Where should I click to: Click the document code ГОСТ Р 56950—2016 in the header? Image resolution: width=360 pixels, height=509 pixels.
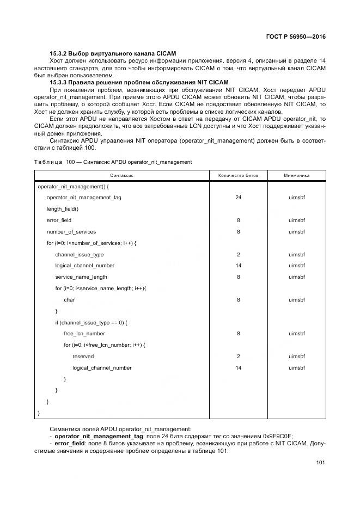coord(292,37)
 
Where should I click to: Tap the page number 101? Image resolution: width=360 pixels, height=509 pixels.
coord(320,463)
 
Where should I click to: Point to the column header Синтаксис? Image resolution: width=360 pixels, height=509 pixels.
coord(122,176)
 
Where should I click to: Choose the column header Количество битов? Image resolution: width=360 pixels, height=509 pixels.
coord(238,176)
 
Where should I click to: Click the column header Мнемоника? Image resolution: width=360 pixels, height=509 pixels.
coord(296,176)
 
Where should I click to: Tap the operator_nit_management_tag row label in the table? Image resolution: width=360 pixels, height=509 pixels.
coord(84,197)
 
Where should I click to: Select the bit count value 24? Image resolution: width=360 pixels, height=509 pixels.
coord(238,197)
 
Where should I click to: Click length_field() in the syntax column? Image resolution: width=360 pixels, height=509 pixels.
coord(63,208)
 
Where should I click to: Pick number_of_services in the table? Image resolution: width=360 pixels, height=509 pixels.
coord(71,231)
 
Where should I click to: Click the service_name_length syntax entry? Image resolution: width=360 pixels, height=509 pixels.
coord(81,277)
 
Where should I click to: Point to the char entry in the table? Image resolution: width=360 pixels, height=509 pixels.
coord(69,299)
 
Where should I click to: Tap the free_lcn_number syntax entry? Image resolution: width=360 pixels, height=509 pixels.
coord(84,334)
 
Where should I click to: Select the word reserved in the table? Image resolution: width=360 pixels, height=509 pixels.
coord(83,357)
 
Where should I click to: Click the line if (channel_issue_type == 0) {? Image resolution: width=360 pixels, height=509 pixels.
coord(91,322)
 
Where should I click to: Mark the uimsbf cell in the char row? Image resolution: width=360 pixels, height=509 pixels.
coord(296,299)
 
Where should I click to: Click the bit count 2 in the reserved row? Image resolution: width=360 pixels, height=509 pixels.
coord(238,357)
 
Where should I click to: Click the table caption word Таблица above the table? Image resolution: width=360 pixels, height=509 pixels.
coord(48,162)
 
